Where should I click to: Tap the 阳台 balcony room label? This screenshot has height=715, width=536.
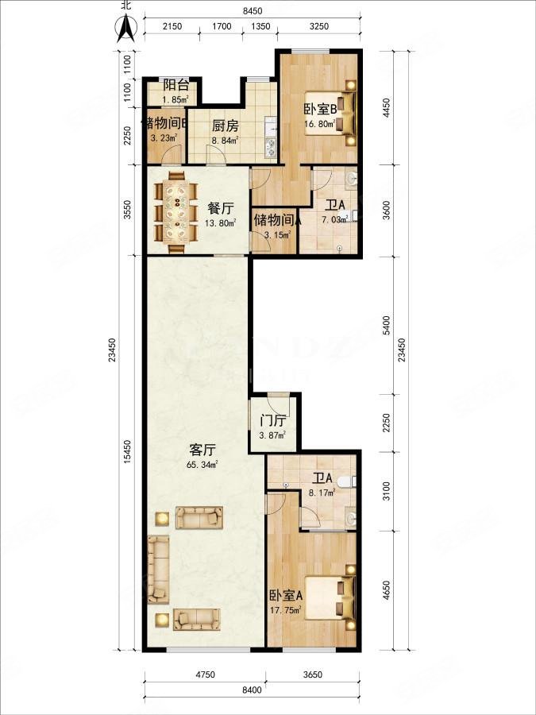175,84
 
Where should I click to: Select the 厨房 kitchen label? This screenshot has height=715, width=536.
225,126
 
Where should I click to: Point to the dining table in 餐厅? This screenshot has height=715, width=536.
178,211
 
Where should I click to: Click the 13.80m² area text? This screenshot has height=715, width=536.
220,224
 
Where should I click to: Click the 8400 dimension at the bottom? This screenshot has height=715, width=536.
252,690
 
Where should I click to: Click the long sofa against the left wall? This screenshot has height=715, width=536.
158,569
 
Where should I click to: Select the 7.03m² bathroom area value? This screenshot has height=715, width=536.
334,220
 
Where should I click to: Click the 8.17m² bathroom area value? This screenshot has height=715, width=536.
322,492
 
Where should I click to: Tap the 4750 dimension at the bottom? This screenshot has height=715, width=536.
205,675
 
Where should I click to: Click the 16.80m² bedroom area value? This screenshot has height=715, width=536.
319,124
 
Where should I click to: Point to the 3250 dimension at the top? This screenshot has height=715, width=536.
318,26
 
